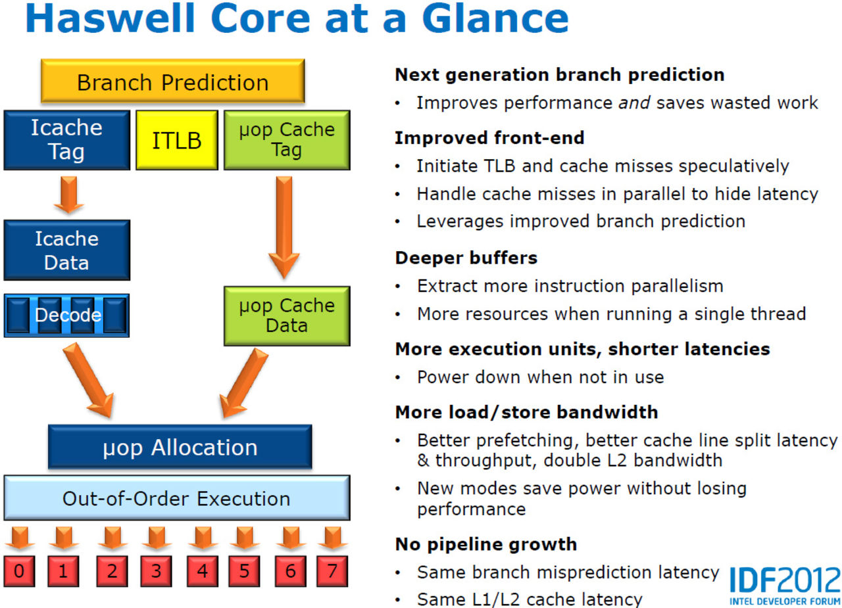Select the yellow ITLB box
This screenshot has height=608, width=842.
[x=176, y=140]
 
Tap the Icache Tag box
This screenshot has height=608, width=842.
[x=66, y=140]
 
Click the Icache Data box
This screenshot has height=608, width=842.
[x=66, y=250]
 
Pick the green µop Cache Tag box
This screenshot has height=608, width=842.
[x=287, y=140]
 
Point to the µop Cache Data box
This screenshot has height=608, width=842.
[x=287, y=316]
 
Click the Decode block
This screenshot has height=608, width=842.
[x=66, y=316]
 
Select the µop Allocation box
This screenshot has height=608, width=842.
[x=180, y=448]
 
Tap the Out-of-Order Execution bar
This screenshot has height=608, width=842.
[x=176, y=498]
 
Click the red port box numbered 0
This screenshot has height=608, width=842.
[x=20, y=571]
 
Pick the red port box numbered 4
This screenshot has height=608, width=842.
[x=202, y=571]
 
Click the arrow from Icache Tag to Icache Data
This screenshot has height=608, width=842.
[x=68, y=194]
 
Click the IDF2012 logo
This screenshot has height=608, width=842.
[x=784, y=584]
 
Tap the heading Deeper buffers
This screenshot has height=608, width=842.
[x=466, y=258]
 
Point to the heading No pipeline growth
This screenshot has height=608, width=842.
[x=485, y=544]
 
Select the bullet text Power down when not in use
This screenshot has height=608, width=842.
[x=540, y=377]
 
